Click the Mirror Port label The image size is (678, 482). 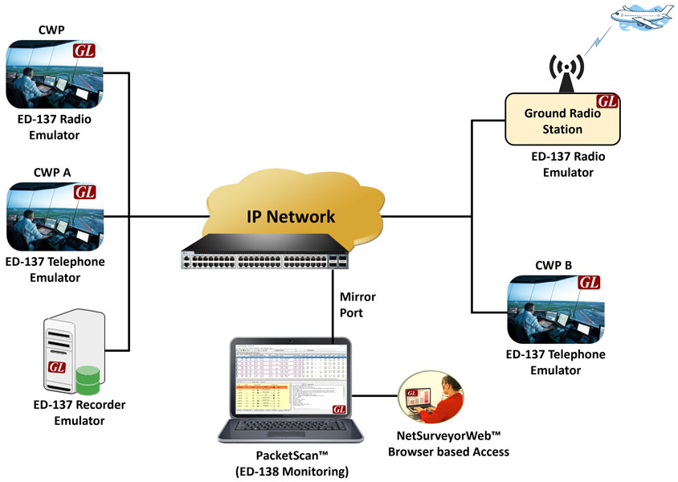(x=357, y=304)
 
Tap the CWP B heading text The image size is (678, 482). (x=555, y=264)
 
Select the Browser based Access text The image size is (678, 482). (x=448, y=451)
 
